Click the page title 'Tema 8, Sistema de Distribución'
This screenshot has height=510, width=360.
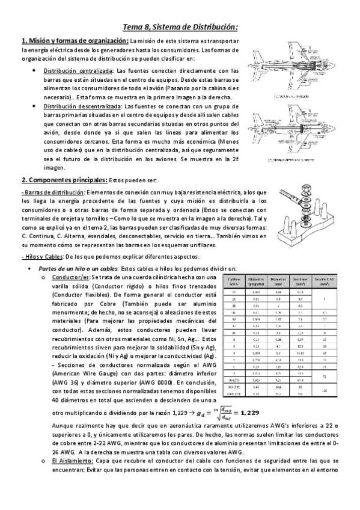[x=180, y=26]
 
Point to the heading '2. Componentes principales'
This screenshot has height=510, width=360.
[x=64, y=179]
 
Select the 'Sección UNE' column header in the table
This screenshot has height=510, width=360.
[x=325, y=281]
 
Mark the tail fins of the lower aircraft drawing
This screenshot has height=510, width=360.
[x=340, y=127]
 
